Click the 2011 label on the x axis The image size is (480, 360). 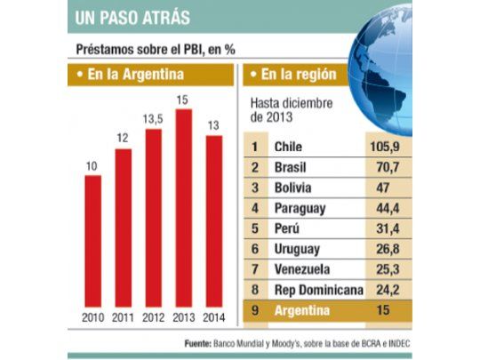(x=124, y=317)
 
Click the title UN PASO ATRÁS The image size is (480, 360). (x=132, y=17)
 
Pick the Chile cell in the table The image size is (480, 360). (x=290, y=146)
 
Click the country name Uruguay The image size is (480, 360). (x=298, y=249)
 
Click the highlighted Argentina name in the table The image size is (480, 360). (x=302, y=311)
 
